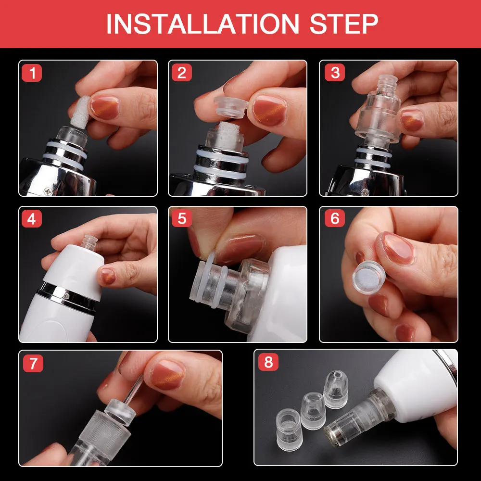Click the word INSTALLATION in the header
(203, 24)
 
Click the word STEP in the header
(344, 24)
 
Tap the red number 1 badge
(32, 73)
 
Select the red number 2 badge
(182, 73)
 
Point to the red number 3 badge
(335, 73)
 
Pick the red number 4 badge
(32, 219)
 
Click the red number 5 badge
(182, 218)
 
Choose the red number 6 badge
(335, 218)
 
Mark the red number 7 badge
(33, 363)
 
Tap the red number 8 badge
(268, 362)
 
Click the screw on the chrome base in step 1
(48, 191)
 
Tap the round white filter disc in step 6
(367, 278)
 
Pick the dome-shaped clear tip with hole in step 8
(336, 389)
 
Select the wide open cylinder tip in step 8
(289, 430)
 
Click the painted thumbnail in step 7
(167, 375)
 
